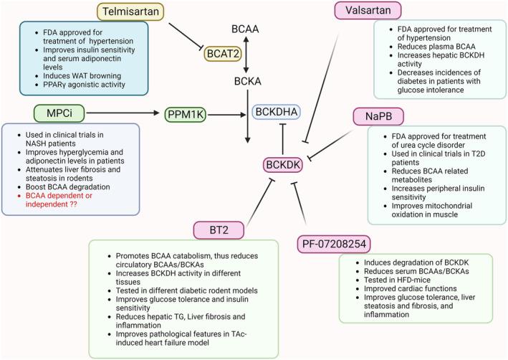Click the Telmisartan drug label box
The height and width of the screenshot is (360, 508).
point(130,11)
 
